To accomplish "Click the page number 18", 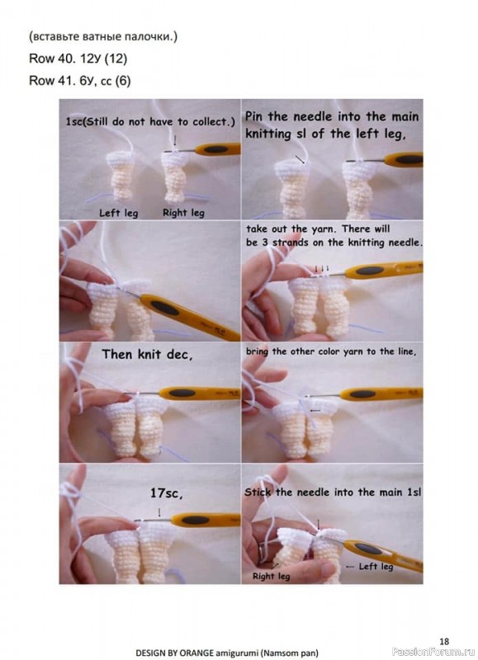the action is [444, 641].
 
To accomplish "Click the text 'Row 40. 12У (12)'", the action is [78, 59].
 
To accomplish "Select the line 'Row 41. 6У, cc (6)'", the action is [79, 80].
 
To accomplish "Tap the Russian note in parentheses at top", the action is [103, 36].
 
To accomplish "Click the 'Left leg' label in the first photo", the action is [118, 213].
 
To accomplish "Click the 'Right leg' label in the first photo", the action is [183, 213].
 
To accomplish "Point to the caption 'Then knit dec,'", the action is [147, 355].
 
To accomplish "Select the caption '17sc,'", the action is [167, 493].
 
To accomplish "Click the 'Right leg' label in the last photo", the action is [272, 576].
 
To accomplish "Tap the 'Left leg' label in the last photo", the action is [376, 567].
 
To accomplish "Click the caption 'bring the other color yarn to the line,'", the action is [331, 351].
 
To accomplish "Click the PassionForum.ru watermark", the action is [433, 652].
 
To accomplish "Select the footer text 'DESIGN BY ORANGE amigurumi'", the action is [197, 653].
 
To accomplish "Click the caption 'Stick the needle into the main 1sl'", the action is [333, 492].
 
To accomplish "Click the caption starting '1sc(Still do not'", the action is [150, 122].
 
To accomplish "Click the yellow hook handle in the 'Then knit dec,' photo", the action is [199, 394].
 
